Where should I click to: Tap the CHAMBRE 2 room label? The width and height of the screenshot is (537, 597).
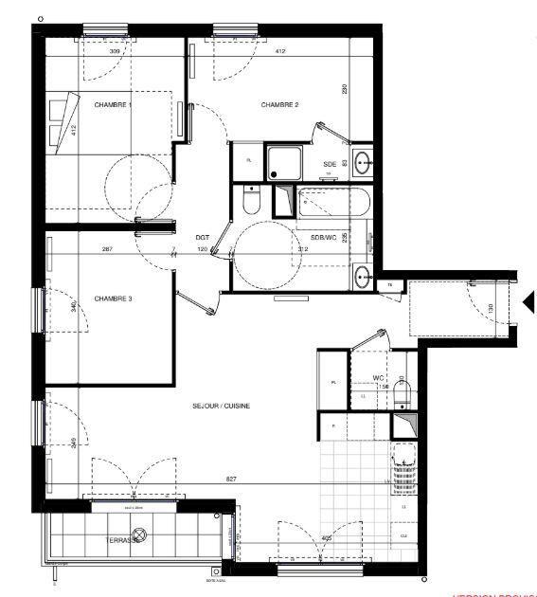[280, 104]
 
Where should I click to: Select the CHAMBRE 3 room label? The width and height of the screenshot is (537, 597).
[112, 298]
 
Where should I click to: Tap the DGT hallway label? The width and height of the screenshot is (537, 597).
[202, 238]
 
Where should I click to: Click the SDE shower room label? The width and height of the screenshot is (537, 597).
[330, 163]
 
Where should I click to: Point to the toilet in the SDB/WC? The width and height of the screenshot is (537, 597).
[250, 201]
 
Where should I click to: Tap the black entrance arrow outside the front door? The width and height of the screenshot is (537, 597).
[528, 303]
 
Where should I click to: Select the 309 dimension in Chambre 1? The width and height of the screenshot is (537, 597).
[115, 51]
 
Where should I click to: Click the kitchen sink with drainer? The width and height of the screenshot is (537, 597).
[404, 467]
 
